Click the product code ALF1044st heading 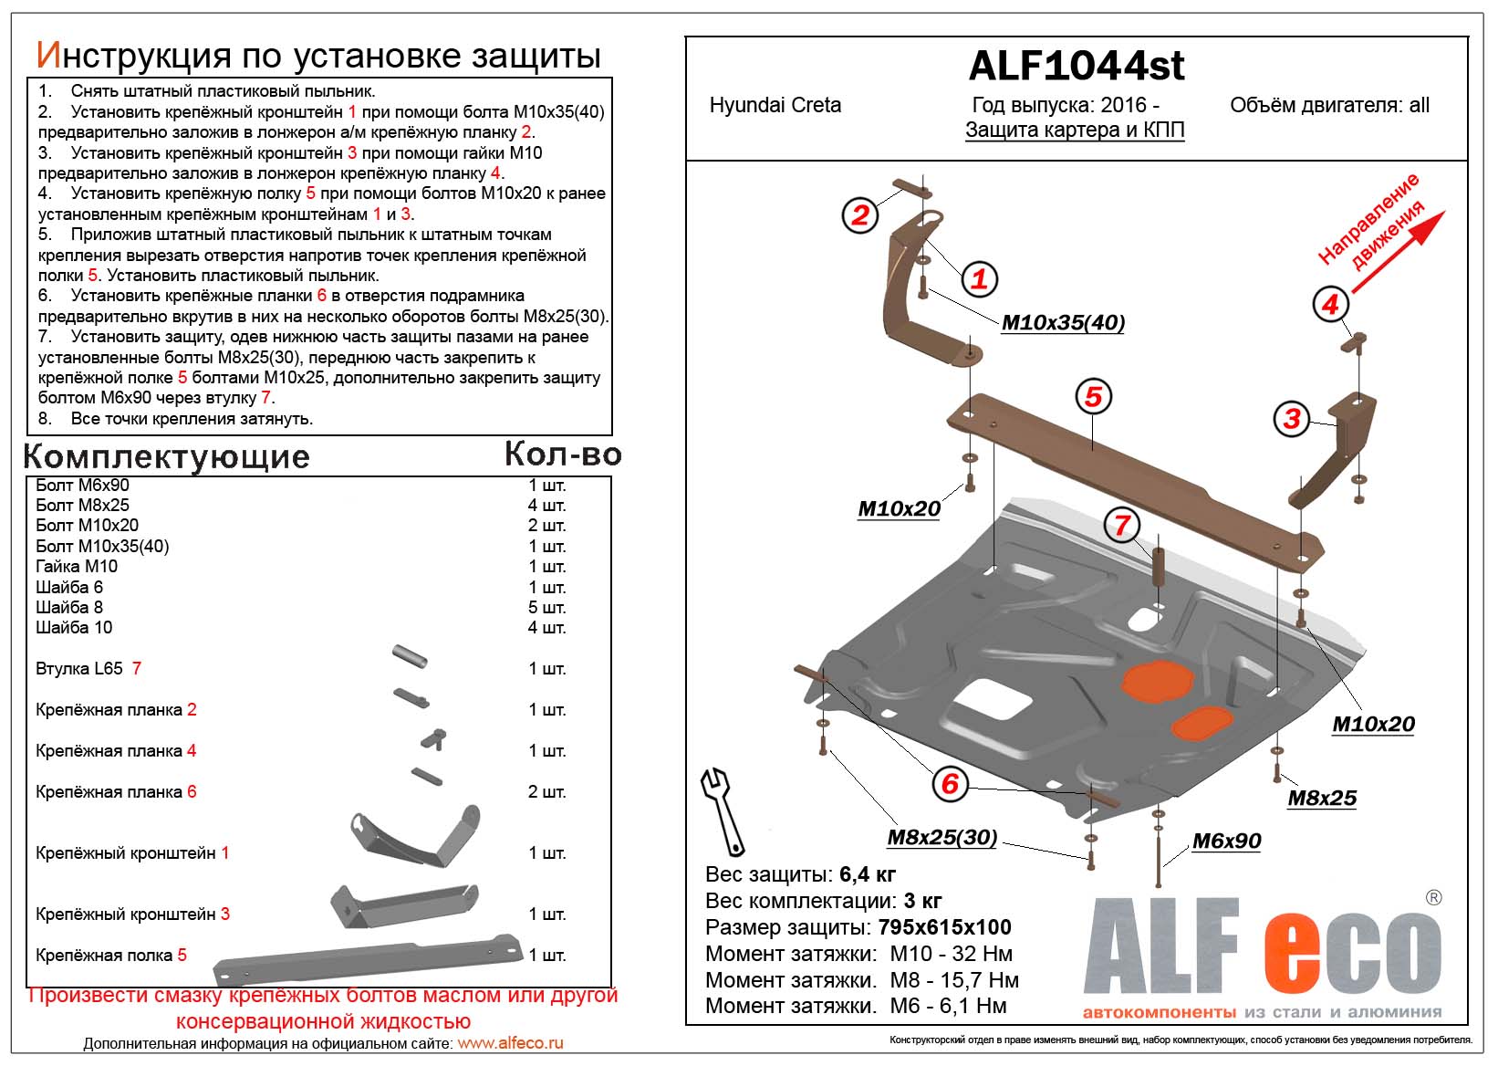coord(1077,66)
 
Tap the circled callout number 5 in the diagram coord(1093,396)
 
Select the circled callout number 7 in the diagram coord(1122,525)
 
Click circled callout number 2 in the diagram coord(859,215)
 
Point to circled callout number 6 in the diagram coord(950,783)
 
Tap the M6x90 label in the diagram coord(1226,841)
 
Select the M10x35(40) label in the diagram coord(1063,323)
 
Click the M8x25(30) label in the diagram coord(941,838)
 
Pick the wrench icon coord(722,808)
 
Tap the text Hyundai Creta coord(775,105)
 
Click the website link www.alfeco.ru coord(510,1043)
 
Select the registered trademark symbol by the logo coord(1433,898)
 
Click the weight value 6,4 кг coord(868,874)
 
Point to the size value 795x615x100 coord(944,927)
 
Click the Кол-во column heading coord(563,454)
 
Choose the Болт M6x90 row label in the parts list coord(82,485)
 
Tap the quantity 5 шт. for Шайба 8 coord(547,607)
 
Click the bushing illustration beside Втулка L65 coord(410,656)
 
